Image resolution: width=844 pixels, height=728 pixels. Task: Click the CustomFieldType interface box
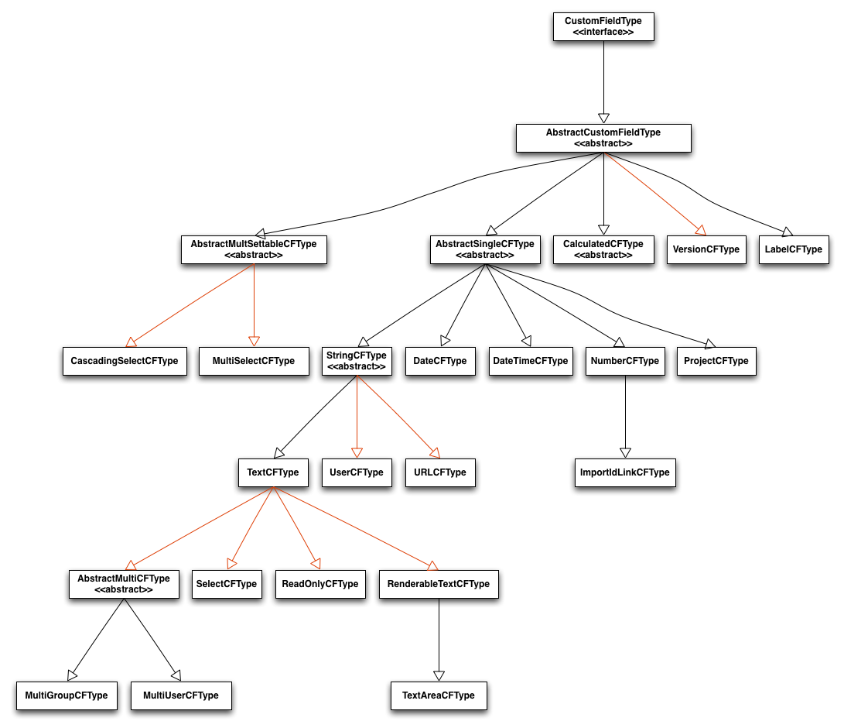click(603, 27)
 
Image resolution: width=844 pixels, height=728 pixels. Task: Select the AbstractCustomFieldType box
click(603, 138)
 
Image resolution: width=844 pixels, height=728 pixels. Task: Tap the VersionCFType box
click(706, 249)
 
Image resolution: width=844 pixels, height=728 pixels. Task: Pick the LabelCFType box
click(793, 249)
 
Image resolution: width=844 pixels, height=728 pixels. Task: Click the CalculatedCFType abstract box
click(603, 249)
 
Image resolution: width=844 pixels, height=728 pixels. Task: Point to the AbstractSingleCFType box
click(484, 249)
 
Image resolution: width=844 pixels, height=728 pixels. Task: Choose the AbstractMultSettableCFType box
click(253, 249)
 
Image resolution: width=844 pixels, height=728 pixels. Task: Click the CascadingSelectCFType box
click(125, 361)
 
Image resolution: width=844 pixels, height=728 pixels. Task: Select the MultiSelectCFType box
click(253, 361)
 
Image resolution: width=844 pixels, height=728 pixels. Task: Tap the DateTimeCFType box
click(530, 361)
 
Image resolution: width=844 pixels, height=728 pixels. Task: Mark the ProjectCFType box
click(716, 361)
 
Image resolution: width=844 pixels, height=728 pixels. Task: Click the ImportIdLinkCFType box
click(624, 472)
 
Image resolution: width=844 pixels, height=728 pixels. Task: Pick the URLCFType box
click(439, 472)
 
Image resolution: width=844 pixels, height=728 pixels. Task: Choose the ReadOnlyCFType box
click(319, 584)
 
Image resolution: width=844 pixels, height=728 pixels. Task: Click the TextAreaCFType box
click(439, 695)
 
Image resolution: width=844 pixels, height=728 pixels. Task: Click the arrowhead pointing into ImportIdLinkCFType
click(625, 452)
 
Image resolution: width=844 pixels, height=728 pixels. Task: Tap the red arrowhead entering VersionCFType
click(700, 229)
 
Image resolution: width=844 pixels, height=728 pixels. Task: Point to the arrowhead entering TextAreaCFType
click(439, 675)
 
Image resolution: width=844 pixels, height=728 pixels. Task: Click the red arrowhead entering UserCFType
click(357, 452)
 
